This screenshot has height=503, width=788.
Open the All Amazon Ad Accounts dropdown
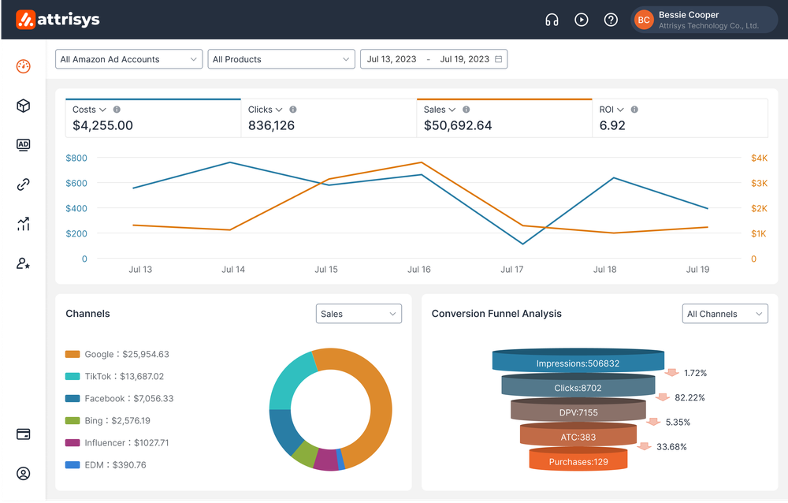tap(129, 59)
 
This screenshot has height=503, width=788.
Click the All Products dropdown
tap(281, 59)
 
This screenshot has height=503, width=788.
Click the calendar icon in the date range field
tap(499, 59)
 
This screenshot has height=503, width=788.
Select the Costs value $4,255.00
tap(103, 125)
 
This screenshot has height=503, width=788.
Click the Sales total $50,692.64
tap(458, 125)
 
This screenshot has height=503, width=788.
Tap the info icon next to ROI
tap(634, 110)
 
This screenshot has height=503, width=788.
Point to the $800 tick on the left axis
tap(76, 158)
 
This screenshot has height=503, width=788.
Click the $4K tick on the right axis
tap(759, 158)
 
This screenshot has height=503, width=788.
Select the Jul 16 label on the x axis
tap(419, 270)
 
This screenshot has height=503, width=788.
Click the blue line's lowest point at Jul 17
tap(523, 244)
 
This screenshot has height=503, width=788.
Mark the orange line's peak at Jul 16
tap(422, 163)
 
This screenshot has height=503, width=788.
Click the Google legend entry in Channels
tap(126, 355)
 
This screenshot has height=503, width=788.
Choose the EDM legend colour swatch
tap(72, 465)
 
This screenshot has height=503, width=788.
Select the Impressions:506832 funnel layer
tap(578, 363)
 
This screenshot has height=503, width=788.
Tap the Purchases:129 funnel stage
tap(578, 461)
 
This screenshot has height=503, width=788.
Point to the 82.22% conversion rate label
tap(690, 398)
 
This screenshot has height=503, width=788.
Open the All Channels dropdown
tap(724, 314)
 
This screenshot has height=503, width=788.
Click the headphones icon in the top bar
tap(552, 20)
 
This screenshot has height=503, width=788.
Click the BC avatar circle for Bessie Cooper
tap(644, 20)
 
